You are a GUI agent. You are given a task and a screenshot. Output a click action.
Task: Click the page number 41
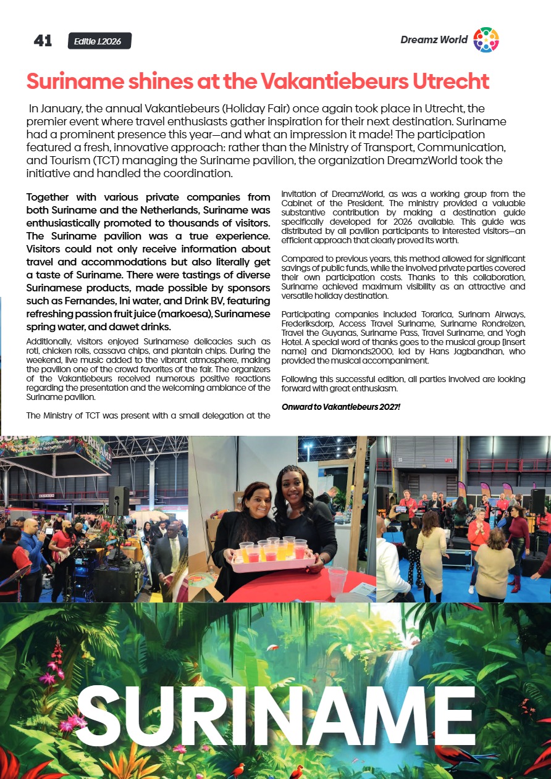pos(43,41)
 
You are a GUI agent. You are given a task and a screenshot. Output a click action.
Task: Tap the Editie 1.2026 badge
pos(99,41)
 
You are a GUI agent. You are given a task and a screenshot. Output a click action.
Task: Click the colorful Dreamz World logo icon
pos(486,40)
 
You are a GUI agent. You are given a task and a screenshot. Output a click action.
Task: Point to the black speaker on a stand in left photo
pos(119,501)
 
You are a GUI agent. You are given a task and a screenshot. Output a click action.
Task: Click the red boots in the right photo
pos(515,582)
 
